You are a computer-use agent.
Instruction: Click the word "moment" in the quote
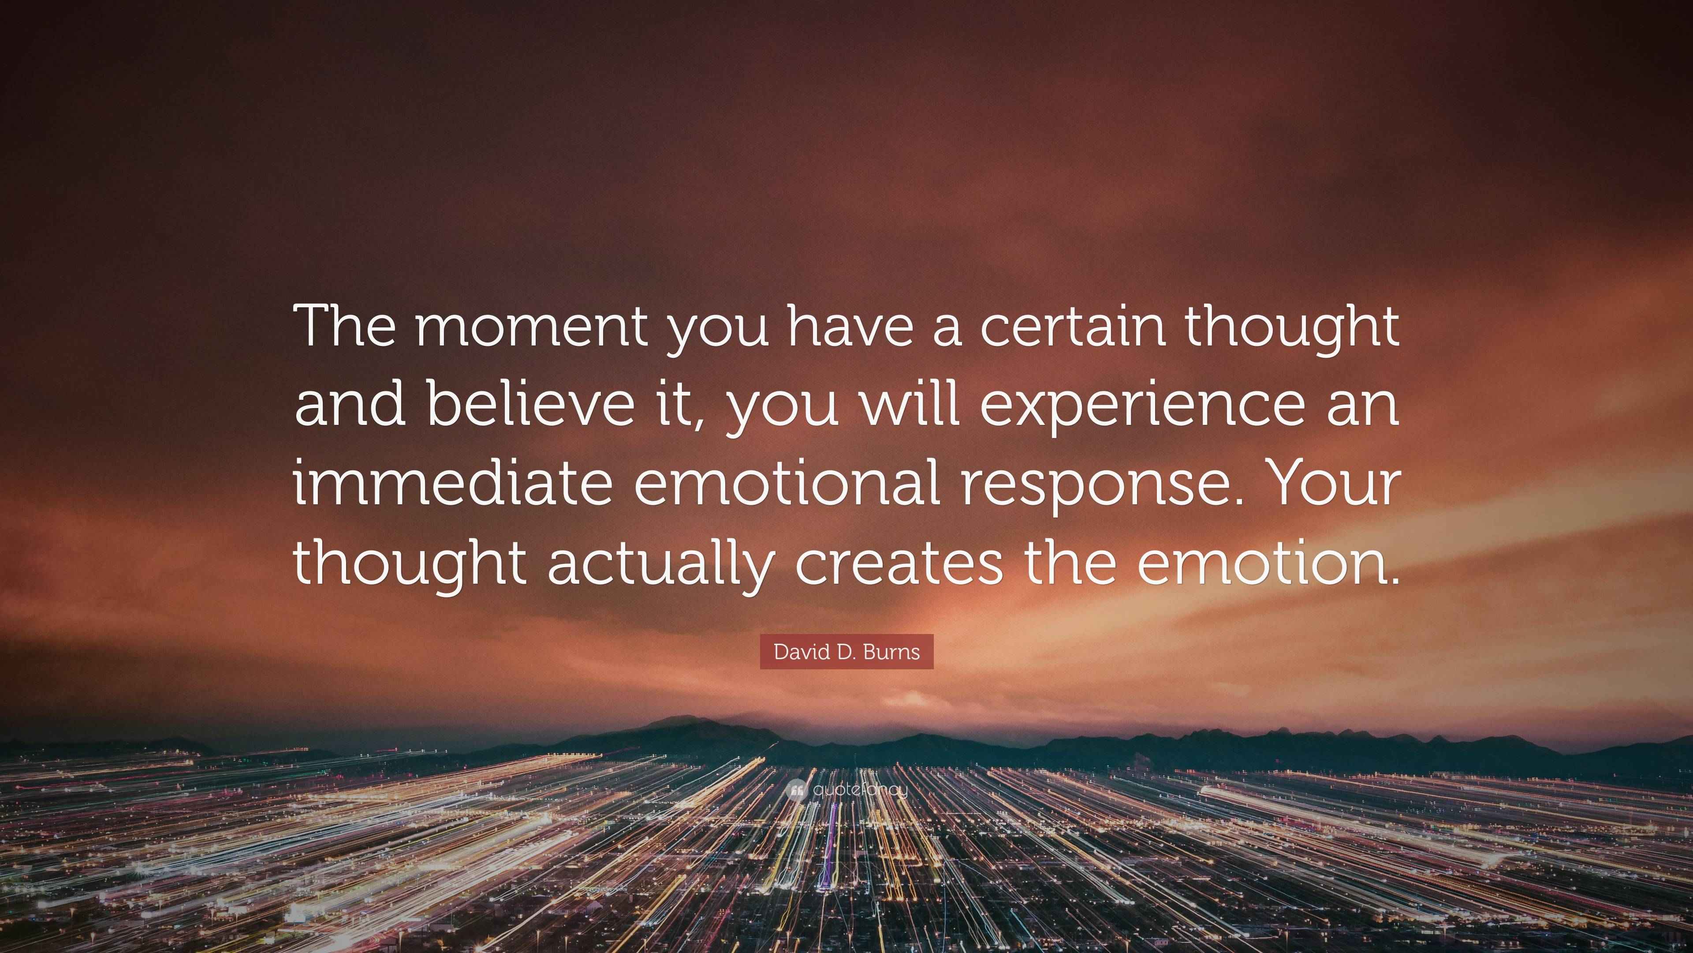(x=530, y=327)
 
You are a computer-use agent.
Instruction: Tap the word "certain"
(x=1073, y=327)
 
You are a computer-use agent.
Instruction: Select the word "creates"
(x=899, y=563)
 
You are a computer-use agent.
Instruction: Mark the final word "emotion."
(x=1268, y=563)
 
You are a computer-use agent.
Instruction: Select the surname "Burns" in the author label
(x=892, y=652)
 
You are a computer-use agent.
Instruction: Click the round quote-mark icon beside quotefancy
(x=796, y=789)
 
